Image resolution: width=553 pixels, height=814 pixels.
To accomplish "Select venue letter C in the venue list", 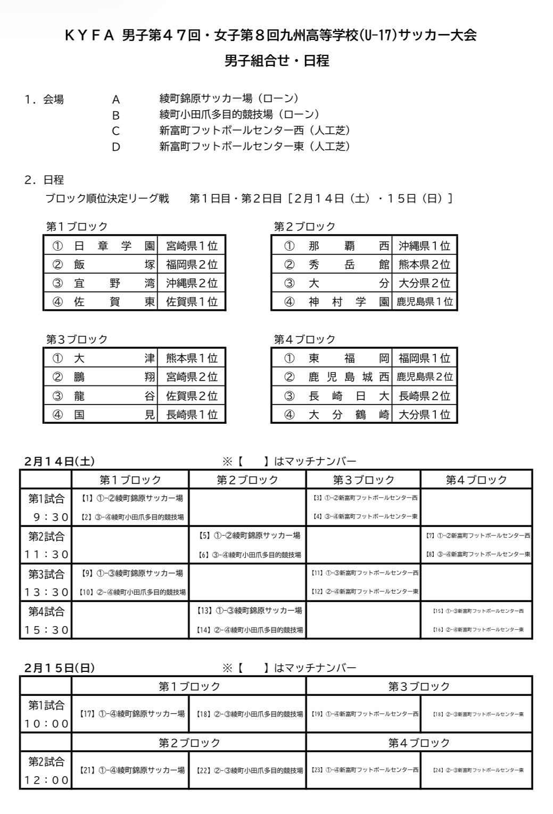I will click(115, 131).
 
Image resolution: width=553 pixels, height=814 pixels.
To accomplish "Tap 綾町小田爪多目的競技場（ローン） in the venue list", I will click(240, 114).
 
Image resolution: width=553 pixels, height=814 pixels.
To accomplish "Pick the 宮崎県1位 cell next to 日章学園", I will click(192, 246).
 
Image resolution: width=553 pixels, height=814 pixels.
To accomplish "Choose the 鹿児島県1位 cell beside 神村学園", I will click(425, 302).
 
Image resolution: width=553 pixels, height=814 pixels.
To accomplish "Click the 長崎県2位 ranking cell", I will click(425, 396).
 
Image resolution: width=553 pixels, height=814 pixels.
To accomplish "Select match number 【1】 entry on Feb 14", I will click(131, 498).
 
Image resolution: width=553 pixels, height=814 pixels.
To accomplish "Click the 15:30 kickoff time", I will click(46, 630).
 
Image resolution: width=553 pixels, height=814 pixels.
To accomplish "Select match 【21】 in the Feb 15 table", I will click(131, 770).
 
